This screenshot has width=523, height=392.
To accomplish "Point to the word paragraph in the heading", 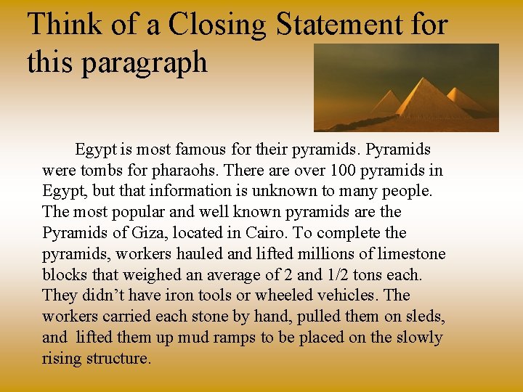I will (145, 62).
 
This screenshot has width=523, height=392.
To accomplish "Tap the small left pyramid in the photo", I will (385, 104).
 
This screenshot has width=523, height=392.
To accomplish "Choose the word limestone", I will (413, 254).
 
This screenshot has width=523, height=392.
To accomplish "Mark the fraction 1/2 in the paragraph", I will (338, 275).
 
